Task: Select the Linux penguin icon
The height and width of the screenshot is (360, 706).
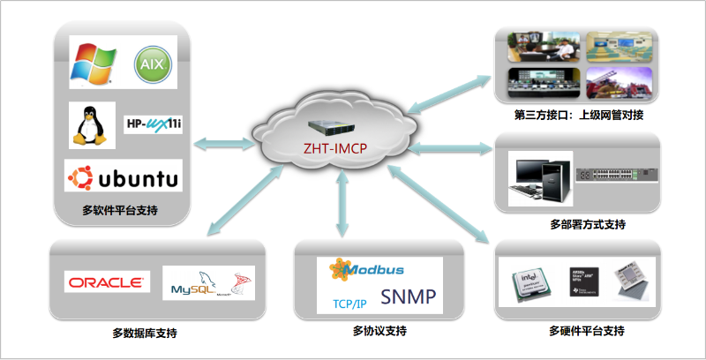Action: pyautogui.click(x=92, y=125)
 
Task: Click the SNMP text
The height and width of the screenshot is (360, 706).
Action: pyautogui.click(x=408, y=297)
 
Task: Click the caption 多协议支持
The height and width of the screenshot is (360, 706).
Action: pyautogui.click(x=379, y=332)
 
